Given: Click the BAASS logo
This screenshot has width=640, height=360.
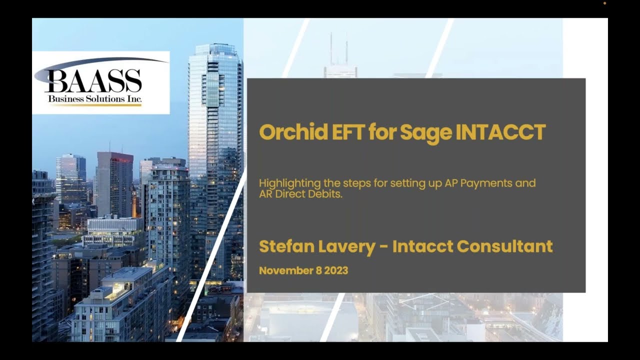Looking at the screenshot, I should coord(100,82).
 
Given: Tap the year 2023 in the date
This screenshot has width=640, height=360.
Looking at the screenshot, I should coord(336,271).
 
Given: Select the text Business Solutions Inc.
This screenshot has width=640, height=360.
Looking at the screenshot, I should coord(95,99).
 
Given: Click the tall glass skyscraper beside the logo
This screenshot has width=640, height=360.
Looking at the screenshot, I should coord(215,150).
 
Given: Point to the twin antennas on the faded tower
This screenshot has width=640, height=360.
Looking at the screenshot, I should coord(338,47).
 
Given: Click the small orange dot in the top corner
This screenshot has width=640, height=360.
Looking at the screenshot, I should coord(604,3).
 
